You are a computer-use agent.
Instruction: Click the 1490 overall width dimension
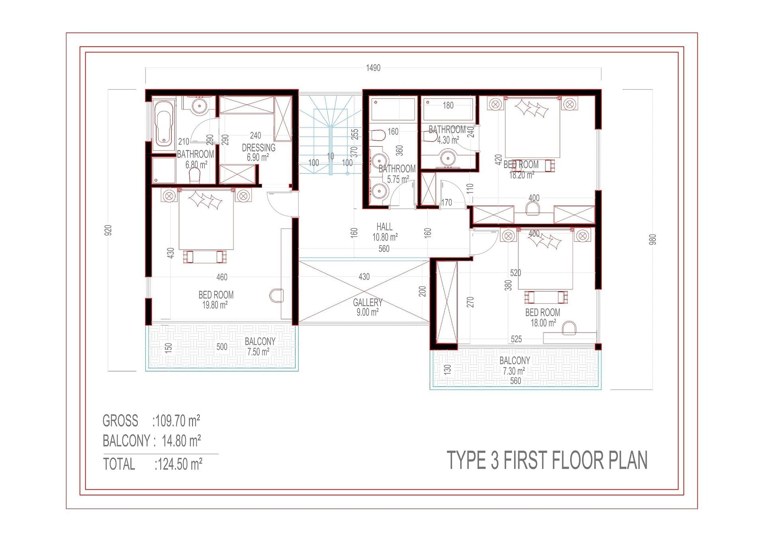tap(373, 68)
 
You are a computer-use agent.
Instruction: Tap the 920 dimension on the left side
tap(108, 230)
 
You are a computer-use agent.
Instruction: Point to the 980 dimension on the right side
tap(652, 239)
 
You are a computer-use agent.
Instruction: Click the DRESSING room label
tap(259, 148)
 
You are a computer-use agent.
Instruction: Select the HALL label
tap(384, 227)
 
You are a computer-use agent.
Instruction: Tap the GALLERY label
tap(367, 302)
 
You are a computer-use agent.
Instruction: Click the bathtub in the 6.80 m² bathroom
tap(164, 123)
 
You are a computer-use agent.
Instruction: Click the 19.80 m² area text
tap(215, 305)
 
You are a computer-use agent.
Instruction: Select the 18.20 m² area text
tap(522, 175)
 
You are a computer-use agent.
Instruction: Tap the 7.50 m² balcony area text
tap(258, 352)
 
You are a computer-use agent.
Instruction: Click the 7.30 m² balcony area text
tap(514, 371)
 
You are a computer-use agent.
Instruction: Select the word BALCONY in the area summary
tap(126, 441)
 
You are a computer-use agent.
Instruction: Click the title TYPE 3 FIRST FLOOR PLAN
tap(547, 460)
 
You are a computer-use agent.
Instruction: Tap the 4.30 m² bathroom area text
tap(448, 140)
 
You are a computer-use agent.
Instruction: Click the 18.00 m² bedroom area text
tap(543, 323)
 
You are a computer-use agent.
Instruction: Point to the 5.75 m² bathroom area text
tap(398, 179)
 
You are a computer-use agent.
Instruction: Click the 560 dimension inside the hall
tap(384, 249)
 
